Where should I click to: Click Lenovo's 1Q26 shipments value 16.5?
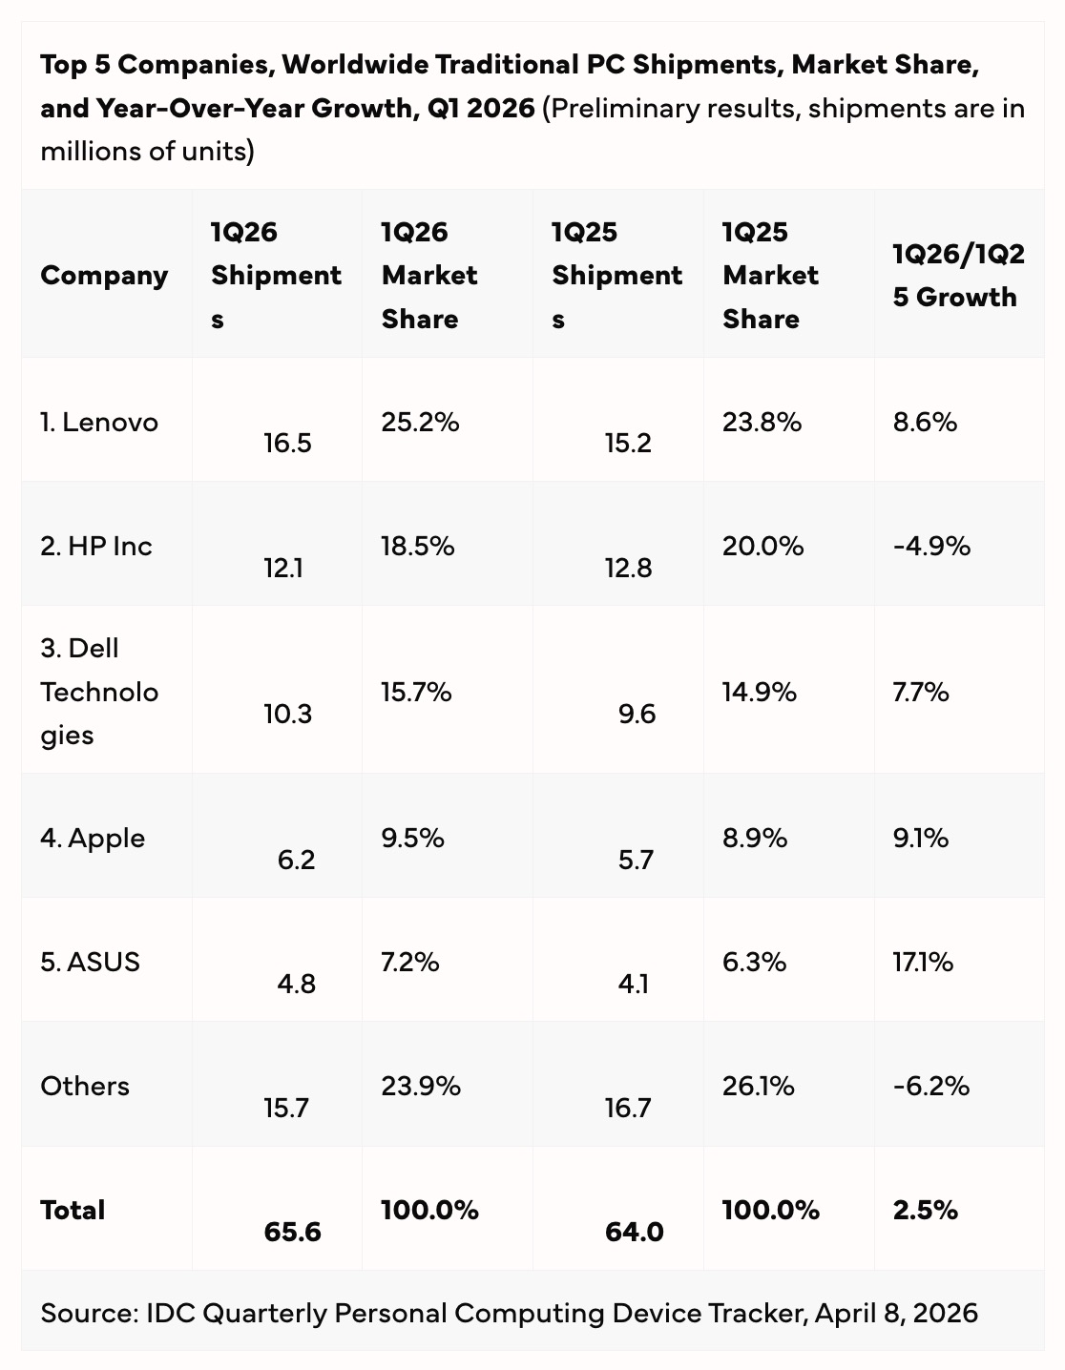287,444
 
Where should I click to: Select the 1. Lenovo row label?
99,423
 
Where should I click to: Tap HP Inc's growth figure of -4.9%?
931,547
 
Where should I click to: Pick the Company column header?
104,276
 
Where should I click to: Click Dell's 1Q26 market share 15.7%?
416,693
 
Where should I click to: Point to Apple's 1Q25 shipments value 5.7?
636,861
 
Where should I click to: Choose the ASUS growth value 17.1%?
923,963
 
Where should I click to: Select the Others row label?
85,1087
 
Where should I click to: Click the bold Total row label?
73,1211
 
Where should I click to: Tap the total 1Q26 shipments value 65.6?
292,1233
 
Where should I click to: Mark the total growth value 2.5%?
925,1211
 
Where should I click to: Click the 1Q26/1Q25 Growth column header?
958,276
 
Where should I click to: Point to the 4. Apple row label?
93,839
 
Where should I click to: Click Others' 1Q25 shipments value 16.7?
628,1109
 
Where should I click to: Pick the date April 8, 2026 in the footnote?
896,1314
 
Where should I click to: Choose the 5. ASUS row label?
90,963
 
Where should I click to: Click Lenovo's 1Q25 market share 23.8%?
762,423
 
